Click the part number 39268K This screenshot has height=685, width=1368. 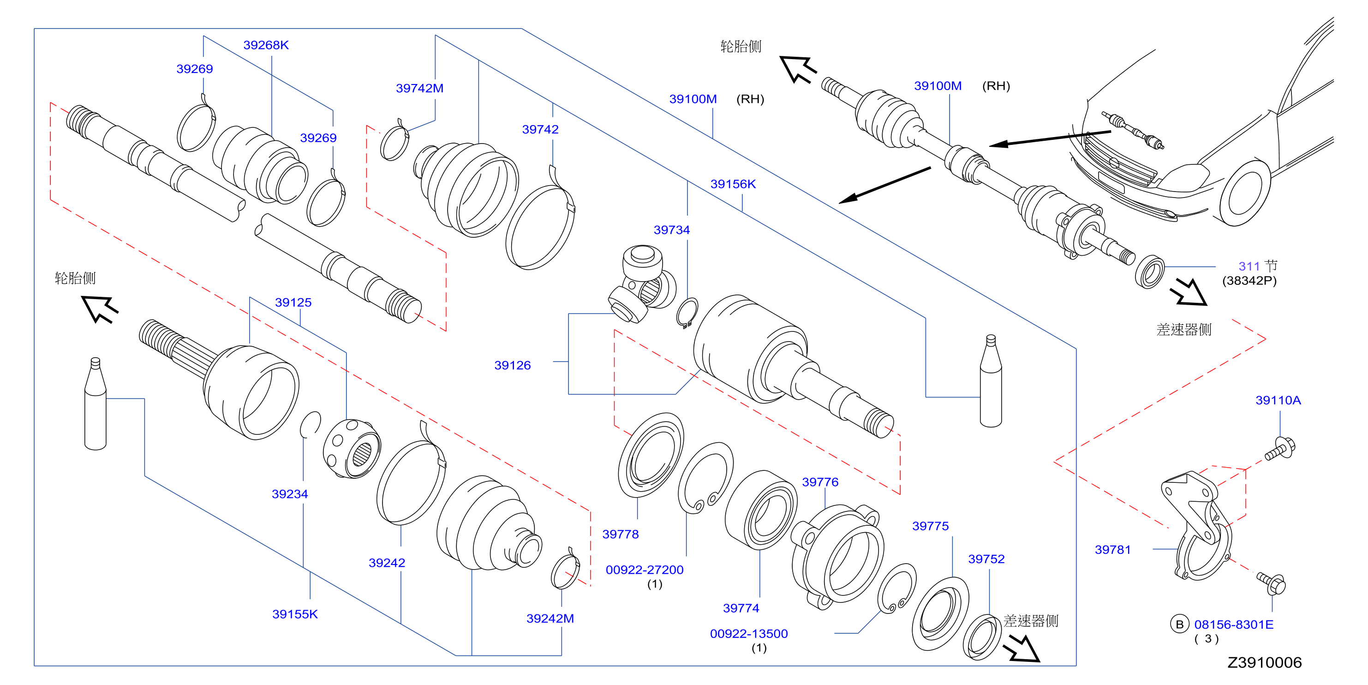[266, 45]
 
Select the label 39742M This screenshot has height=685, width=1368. [419, 88]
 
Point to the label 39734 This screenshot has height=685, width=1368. [672, 230]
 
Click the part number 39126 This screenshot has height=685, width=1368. [513, 366]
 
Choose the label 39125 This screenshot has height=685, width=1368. [293, 303]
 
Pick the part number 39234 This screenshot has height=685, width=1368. [290, 494]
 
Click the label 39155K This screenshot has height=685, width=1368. [295, 614]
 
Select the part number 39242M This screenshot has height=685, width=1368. [550, 619]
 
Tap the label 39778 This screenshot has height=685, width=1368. [620, 535]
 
